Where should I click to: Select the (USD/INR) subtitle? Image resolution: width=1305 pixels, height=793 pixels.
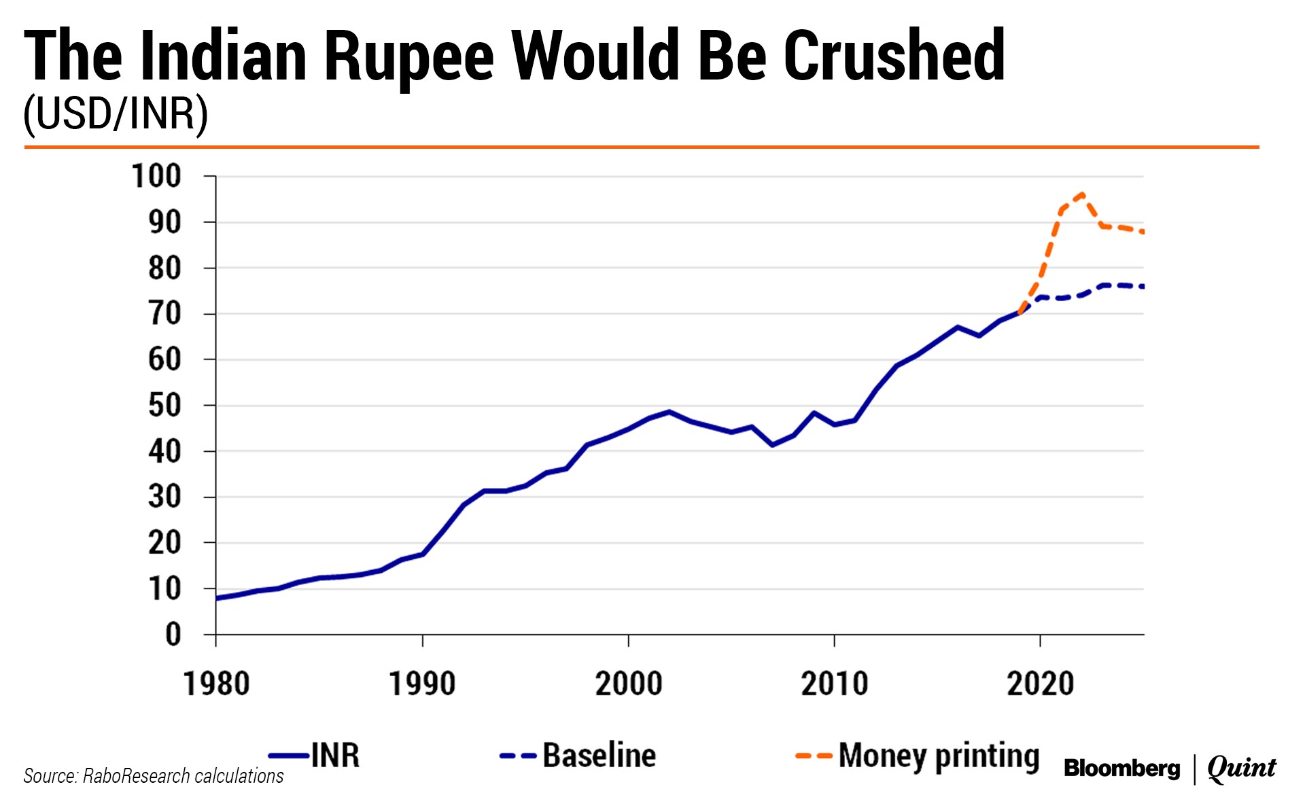[x=116, y=113]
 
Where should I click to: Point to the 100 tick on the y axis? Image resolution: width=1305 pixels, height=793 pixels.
[x=157, y=177]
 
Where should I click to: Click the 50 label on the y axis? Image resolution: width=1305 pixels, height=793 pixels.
[x=164, y=406]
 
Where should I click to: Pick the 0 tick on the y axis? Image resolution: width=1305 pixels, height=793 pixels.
[x=173, y=635]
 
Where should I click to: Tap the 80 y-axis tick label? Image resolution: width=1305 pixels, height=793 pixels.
[x=164, y=268]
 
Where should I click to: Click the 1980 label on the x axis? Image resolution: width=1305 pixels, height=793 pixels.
[x=217, y=684]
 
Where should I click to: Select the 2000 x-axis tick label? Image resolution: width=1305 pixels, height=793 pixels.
[x=629, y=684]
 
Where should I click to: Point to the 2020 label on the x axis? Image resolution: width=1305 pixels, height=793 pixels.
[x=1040, y=684]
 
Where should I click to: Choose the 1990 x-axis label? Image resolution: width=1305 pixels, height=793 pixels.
[x=422, y=684]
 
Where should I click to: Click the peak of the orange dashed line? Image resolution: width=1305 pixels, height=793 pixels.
[x=1081, y=194]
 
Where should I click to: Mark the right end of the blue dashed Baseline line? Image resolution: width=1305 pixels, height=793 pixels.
[x=1143, y=287]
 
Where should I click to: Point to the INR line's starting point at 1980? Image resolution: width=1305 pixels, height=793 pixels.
[x=217, y=598]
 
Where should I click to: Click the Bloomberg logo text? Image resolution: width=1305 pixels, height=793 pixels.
[x=1121, y=768]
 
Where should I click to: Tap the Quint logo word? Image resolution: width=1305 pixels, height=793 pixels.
[x=1241, y=768]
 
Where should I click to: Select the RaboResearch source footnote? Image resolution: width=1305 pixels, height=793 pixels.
[x=154, y=776]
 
